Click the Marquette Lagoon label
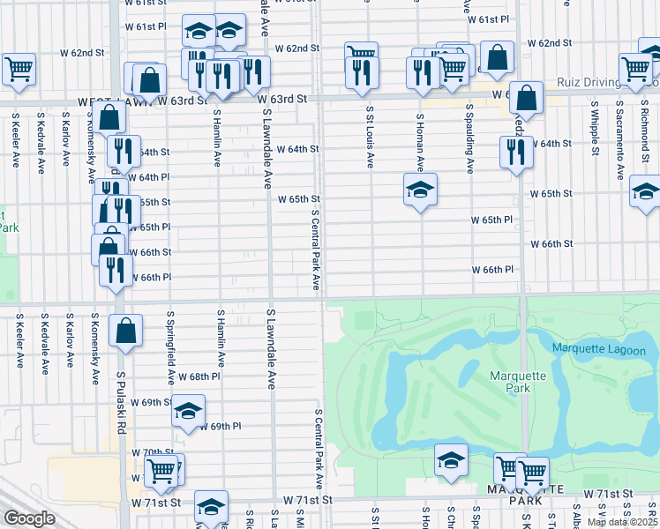pos(598,350)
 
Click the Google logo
pos(29,518)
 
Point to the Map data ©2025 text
pos(621,522)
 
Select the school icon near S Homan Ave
pos(421,190)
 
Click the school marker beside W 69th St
pos(188,413)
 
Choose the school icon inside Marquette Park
pos(451,460)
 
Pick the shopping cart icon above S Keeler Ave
pos(19,68)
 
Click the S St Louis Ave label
pos(370,137)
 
